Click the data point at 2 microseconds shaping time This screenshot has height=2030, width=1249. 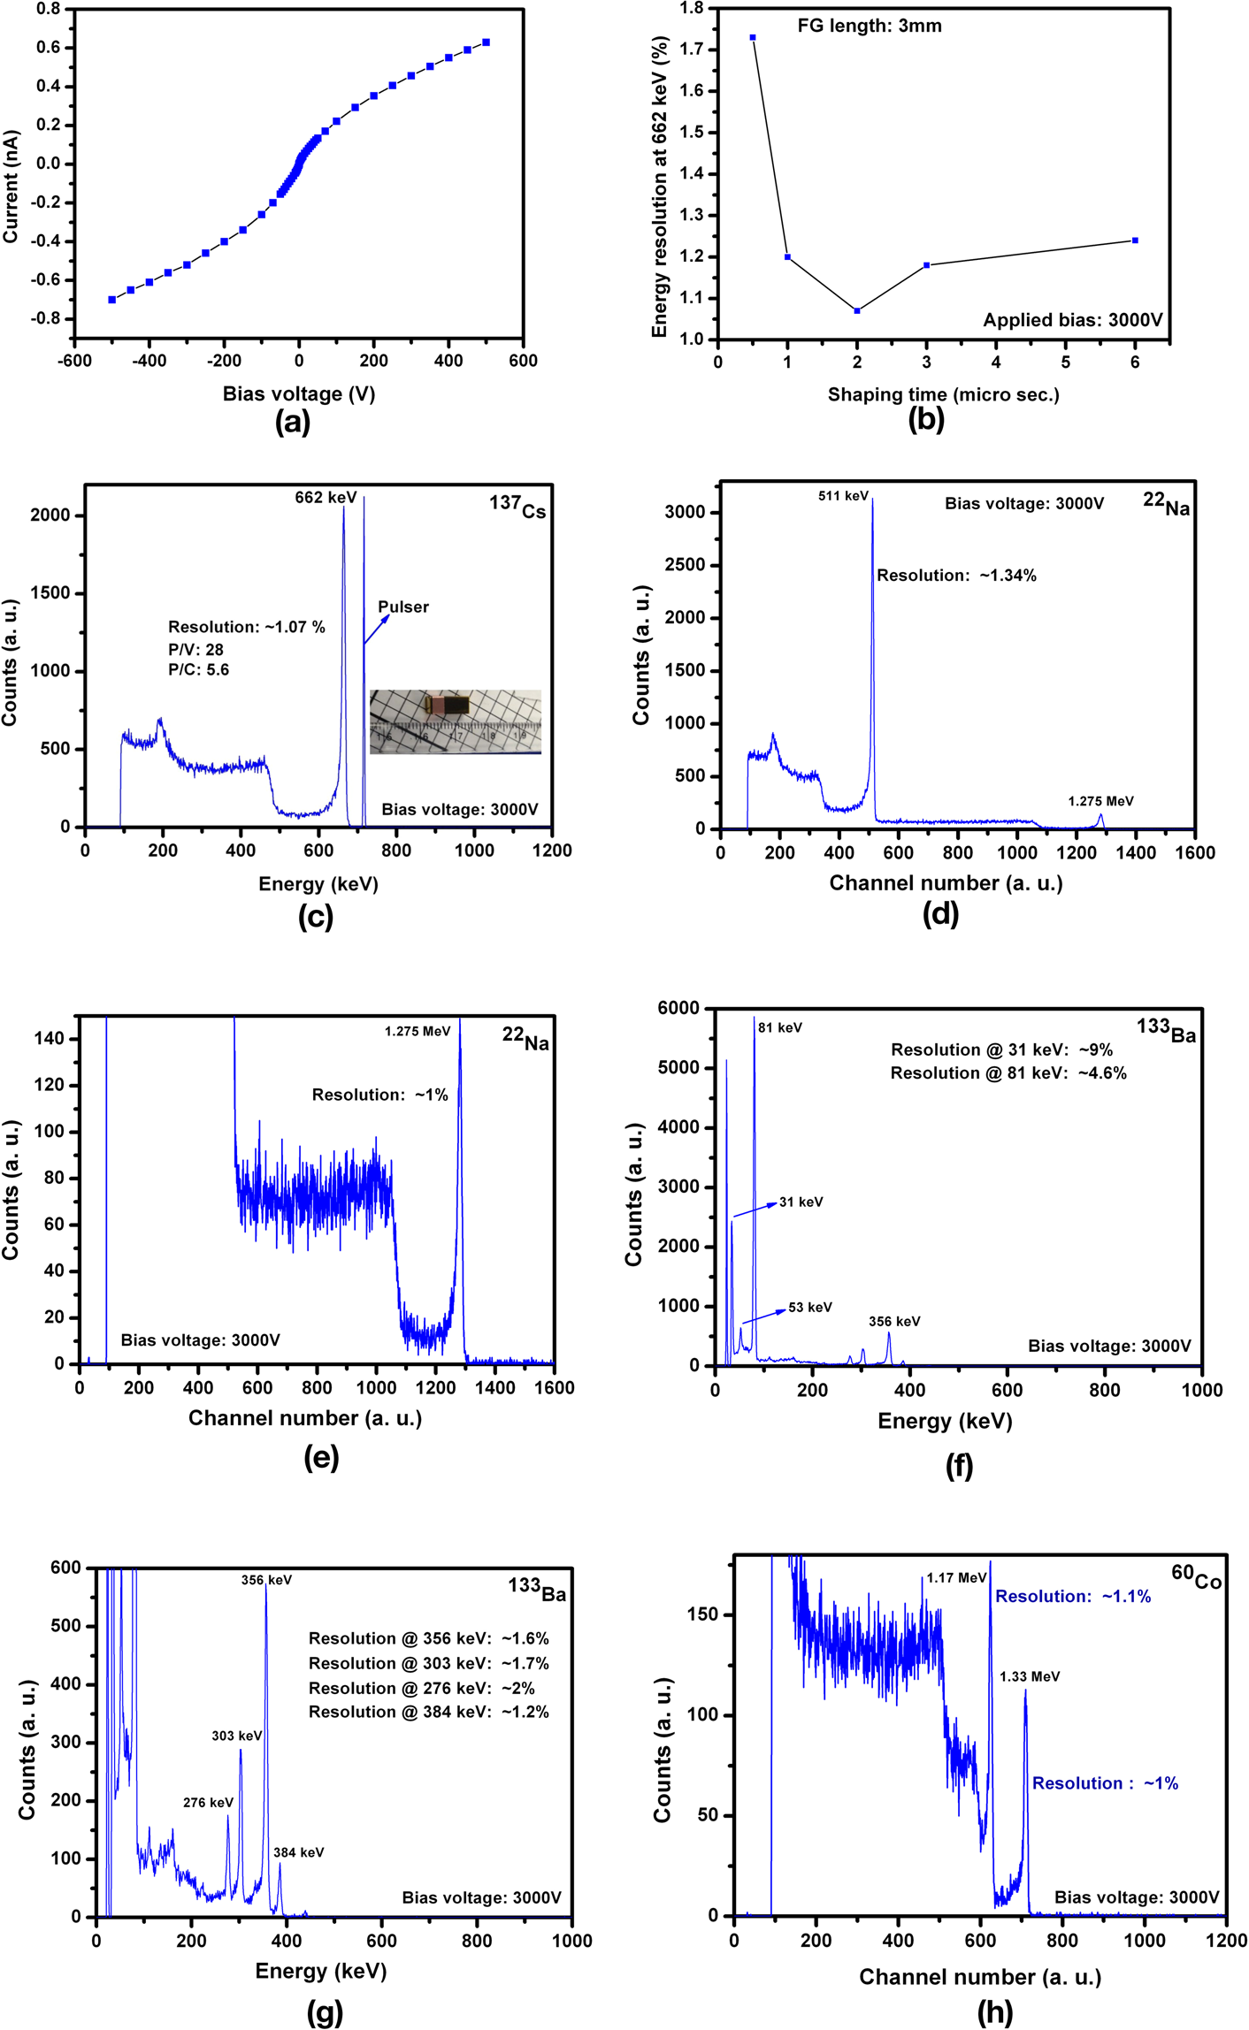pos(857,310)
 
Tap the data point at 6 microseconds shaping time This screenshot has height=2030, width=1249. pos(1135,240)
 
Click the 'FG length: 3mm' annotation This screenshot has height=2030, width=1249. pos(870,26)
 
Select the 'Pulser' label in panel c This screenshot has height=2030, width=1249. pos(403,607)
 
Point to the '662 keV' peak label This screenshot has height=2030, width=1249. pos(326,498)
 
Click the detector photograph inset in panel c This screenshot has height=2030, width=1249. pos(455,721)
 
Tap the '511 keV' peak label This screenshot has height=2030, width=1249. pos(843,496)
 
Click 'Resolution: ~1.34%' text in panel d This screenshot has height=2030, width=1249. pos(956,576)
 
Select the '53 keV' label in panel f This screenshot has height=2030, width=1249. pos(810,1307)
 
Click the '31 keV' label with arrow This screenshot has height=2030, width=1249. pos(801,1202)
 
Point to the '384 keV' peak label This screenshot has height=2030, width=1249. pos(298,1852)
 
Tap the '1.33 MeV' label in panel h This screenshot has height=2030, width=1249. pos(1030,1676)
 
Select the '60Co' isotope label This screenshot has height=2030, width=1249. pos(1196,1576)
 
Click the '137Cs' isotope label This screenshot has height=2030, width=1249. pos(517,507)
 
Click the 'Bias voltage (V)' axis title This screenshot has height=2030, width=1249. pos(299,394)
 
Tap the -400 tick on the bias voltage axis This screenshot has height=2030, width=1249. pos(149,361)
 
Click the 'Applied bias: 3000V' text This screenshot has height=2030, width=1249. pos(1073,320)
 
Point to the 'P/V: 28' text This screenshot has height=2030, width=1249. pos(195,649)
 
